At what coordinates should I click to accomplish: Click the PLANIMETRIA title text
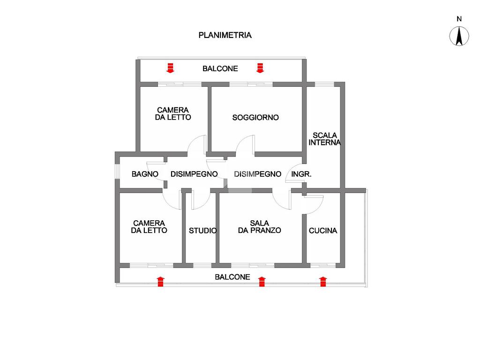225,35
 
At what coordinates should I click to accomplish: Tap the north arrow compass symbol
459,37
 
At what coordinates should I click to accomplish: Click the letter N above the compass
459,19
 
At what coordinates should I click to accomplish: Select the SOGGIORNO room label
255,118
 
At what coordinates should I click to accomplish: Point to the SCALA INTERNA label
325,139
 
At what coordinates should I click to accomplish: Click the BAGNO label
145,174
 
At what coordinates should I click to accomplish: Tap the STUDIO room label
202,231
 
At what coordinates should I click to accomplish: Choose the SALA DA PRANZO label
259,226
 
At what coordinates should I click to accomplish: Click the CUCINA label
322,231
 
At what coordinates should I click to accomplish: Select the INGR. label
301,174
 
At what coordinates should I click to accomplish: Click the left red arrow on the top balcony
170,68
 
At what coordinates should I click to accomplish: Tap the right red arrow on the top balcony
260,68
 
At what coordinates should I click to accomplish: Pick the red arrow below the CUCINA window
322,281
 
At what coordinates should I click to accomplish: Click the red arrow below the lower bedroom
160,281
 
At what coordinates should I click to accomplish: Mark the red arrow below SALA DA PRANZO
262,281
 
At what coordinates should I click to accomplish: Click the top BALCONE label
220,69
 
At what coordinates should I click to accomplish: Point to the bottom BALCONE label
232,277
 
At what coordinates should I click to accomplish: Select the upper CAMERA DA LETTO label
173,114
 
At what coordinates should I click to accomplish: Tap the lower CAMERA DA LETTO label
149,227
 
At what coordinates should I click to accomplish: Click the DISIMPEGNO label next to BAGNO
194,174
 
